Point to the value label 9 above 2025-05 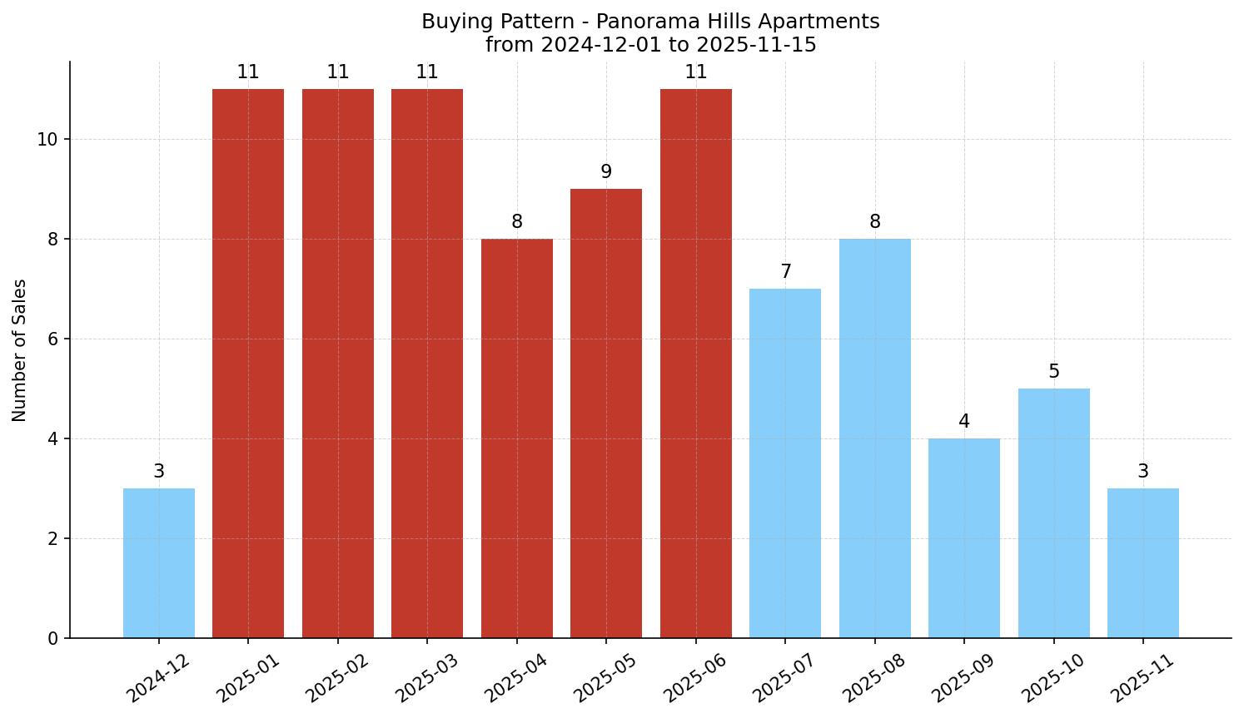coord(606,172)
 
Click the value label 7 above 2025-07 coord(785,272)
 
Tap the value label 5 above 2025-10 coord(1054,372)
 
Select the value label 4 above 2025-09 coord(964,422)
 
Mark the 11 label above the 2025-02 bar coord(338,72)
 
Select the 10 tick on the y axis coord(47,140)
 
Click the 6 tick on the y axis coord(53,339)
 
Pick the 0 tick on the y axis coord(53,639)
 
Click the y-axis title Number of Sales coord(20,350)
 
